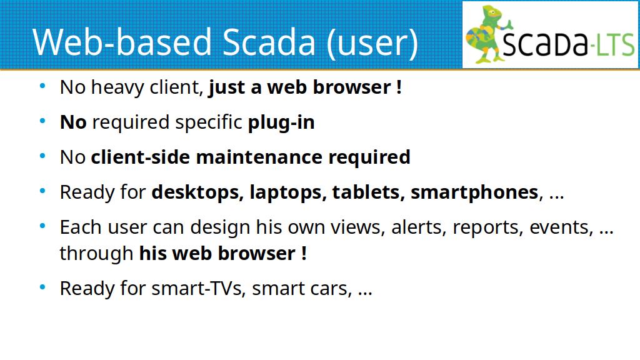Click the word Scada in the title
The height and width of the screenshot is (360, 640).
click(x=269, y=42)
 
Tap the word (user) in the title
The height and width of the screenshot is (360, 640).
click(x=372, y=43)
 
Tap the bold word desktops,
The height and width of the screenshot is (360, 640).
click(x=197, y=192)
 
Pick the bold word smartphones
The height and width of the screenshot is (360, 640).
click(x=474, y=192)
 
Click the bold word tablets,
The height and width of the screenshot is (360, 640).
click(x=368, y=192)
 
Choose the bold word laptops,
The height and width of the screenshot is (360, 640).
click(x=287, y=192)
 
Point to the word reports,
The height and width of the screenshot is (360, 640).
click(x=486, y=227)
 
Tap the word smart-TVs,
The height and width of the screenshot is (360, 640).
click(x=198, y=289)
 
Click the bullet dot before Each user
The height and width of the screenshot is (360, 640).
click(x=42, y=226)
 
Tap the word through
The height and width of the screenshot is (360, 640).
click(x=96, y=254)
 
